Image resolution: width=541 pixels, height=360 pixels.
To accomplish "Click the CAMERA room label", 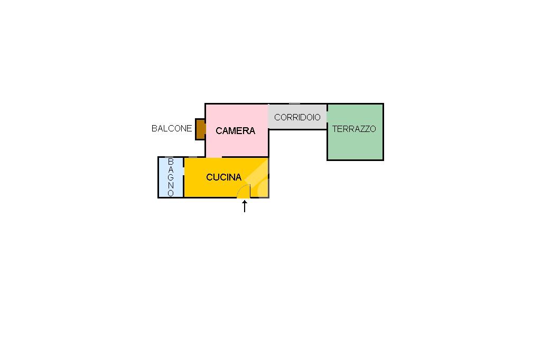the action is coord(235,131).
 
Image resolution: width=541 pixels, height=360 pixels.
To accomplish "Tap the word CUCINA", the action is coord(223,177).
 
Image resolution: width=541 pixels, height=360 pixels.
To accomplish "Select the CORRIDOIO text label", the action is coord(297,117).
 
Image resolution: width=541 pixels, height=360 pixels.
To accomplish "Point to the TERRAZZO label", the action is coord(354,129).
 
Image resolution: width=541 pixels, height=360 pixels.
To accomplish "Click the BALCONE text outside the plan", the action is coord(172,128).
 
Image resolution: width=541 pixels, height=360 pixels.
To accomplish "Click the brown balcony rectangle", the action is coord(200,129).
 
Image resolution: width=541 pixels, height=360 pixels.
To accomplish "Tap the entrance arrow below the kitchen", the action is coord(245,206).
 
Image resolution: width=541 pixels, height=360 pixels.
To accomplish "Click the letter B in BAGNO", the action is coord(171,162).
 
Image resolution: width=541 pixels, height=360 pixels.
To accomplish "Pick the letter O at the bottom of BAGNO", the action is coord(171,193).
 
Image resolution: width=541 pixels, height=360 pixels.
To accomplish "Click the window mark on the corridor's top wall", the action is coord(294,104).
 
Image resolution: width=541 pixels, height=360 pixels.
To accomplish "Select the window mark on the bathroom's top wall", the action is coord(171,157).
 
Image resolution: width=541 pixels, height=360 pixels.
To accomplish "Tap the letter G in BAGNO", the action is coord(171,177).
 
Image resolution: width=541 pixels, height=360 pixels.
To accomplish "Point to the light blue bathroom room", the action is coord(171,177).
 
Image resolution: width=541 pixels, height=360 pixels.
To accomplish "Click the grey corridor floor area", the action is coord(297,117).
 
